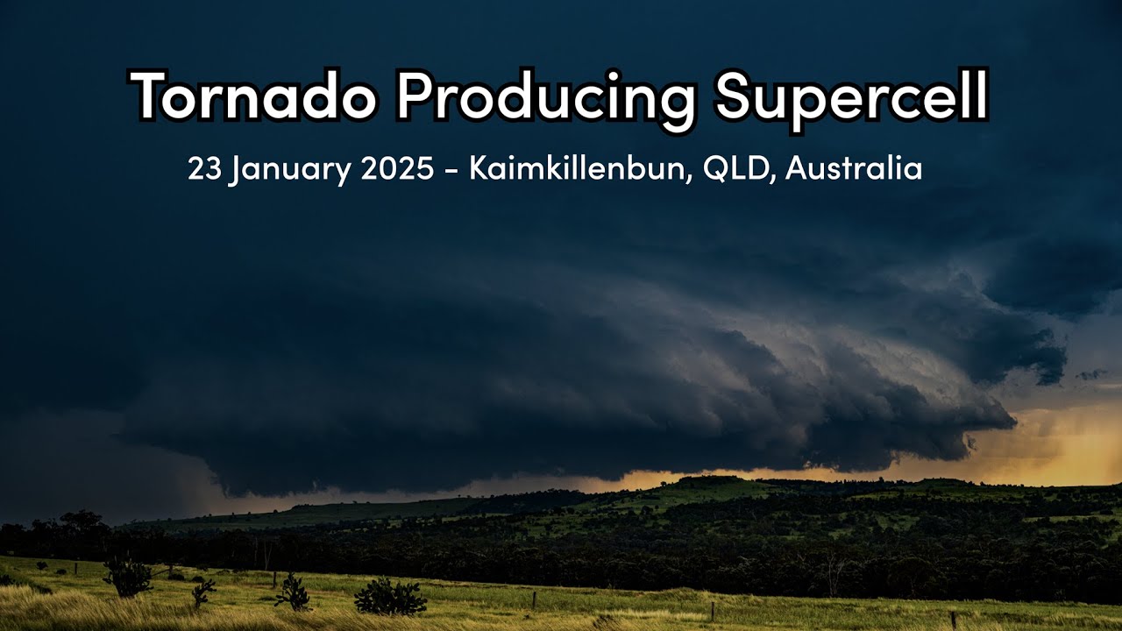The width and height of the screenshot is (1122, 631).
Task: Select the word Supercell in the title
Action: [851, 96]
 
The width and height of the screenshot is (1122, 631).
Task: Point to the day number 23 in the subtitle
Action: [203, 168]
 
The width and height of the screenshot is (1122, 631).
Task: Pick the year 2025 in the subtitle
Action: [397, 168]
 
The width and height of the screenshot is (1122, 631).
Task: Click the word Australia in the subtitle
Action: [854, 168]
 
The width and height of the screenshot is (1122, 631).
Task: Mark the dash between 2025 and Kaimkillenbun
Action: [451, 170]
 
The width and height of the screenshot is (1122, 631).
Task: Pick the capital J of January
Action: [237, 168]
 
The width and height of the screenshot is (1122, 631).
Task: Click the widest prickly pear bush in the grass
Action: [390, 597]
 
